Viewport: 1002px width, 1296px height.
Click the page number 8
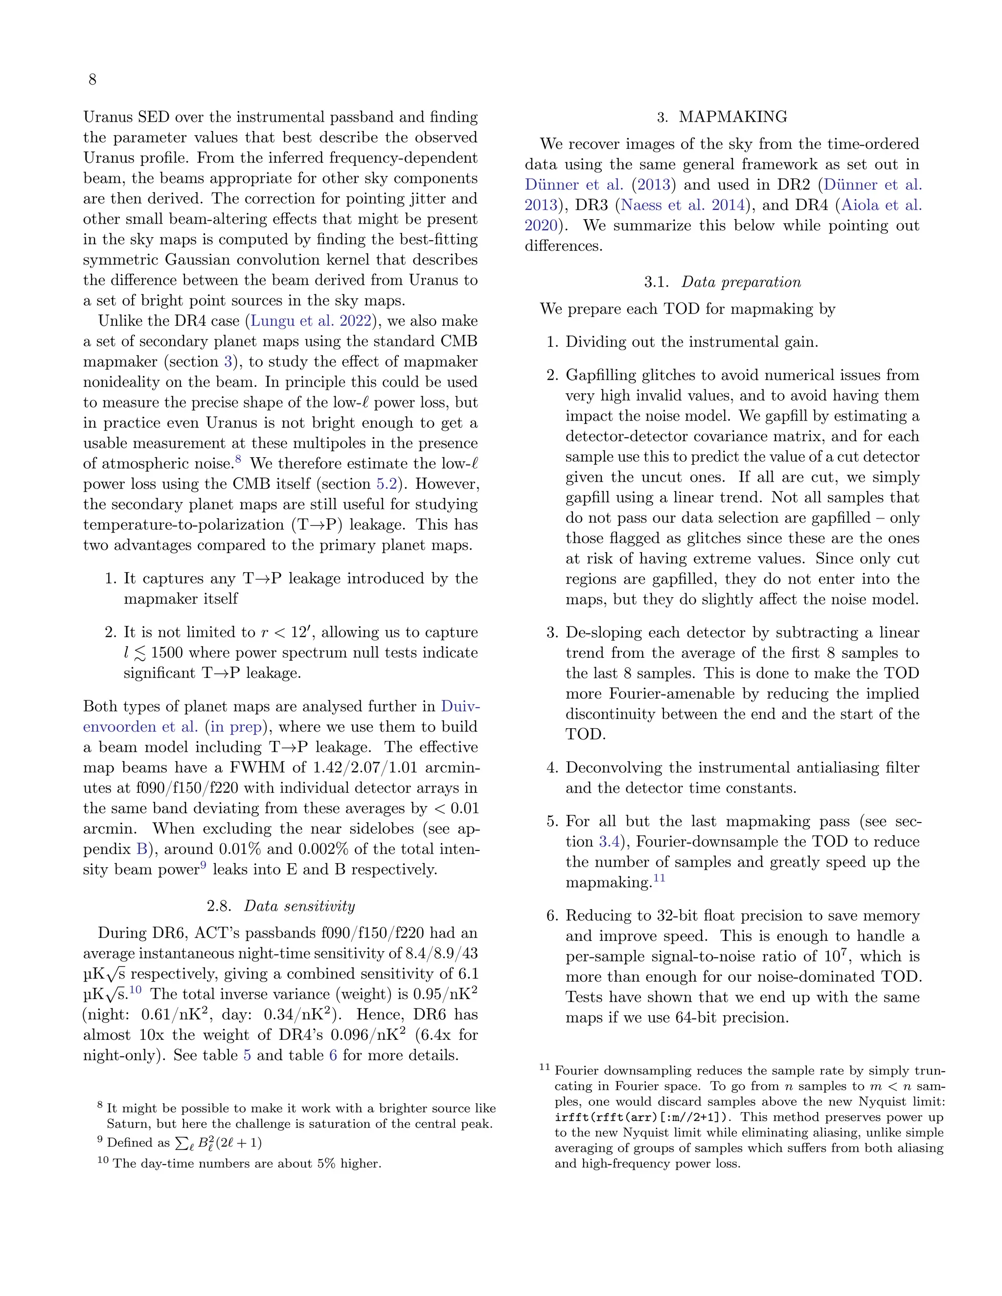tap(92, 80)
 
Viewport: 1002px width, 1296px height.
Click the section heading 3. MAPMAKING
tap(722, 117)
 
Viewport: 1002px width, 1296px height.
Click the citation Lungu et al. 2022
tap(312, 321)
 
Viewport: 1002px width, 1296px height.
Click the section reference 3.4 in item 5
tap(609, 842)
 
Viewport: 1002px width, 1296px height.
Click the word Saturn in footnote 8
tap(126, 1124)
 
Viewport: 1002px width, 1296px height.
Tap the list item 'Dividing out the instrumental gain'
tap(691, 342)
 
